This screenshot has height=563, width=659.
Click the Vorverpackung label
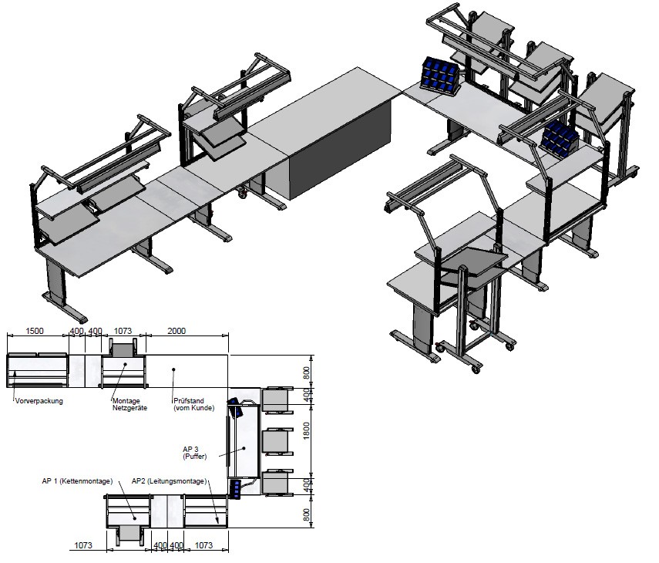pyautogui.click(x=39, y=401)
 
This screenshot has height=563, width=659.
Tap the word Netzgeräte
pyautogui.click(x=129, y=407)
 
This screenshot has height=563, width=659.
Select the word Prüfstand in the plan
pyautogui.click(x=189, y=401)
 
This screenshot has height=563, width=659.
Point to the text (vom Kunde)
pyautogui.click(x=193, y=407)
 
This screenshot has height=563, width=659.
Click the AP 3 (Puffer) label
pyautogui.click(x=194, y=453)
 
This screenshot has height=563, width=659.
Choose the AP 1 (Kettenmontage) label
pyautogui.click(x=77, y=481)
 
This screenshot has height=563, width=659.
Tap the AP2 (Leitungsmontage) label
pyautogui.click(x=170, y=481)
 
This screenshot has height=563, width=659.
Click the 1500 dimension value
pyautogui.click(x=35, y=331)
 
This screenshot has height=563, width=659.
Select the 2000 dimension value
pyautogui.click(x=177, y=331)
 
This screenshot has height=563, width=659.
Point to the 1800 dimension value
pyautogui.click(x=307, y=430)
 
